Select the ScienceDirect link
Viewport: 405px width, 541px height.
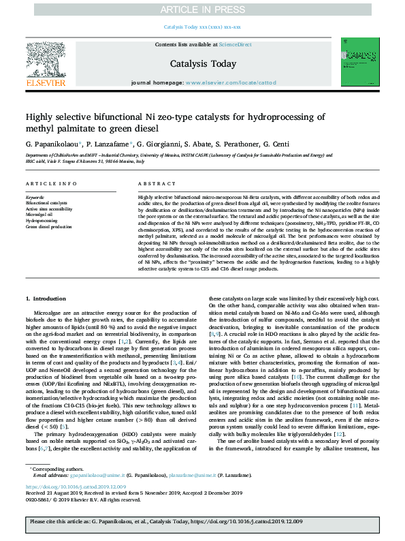[235, 44]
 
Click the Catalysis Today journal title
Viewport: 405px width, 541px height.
[203, 63]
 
